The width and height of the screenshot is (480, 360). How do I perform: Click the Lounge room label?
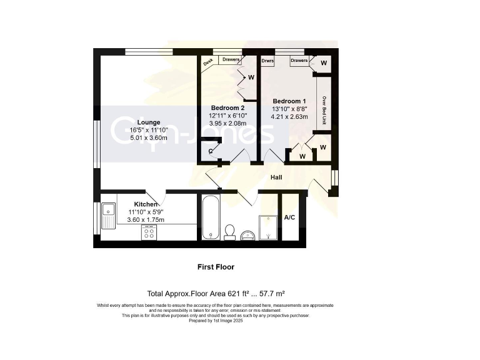149,122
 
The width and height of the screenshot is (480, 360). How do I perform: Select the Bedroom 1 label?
289,101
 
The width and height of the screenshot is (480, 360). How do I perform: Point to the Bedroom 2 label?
227,107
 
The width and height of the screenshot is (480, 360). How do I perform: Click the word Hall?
276,177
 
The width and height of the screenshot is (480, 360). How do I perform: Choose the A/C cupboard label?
290,217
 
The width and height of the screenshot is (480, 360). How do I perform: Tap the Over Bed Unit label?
324,110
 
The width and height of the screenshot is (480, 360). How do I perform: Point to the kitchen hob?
149,232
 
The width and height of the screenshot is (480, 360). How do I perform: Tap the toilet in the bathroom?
229,232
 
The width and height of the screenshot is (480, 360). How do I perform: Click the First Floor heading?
216,267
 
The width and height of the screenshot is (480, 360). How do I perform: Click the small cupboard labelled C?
211,151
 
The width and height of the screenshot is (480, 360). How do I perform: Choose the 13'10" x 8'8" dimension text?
289,109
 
